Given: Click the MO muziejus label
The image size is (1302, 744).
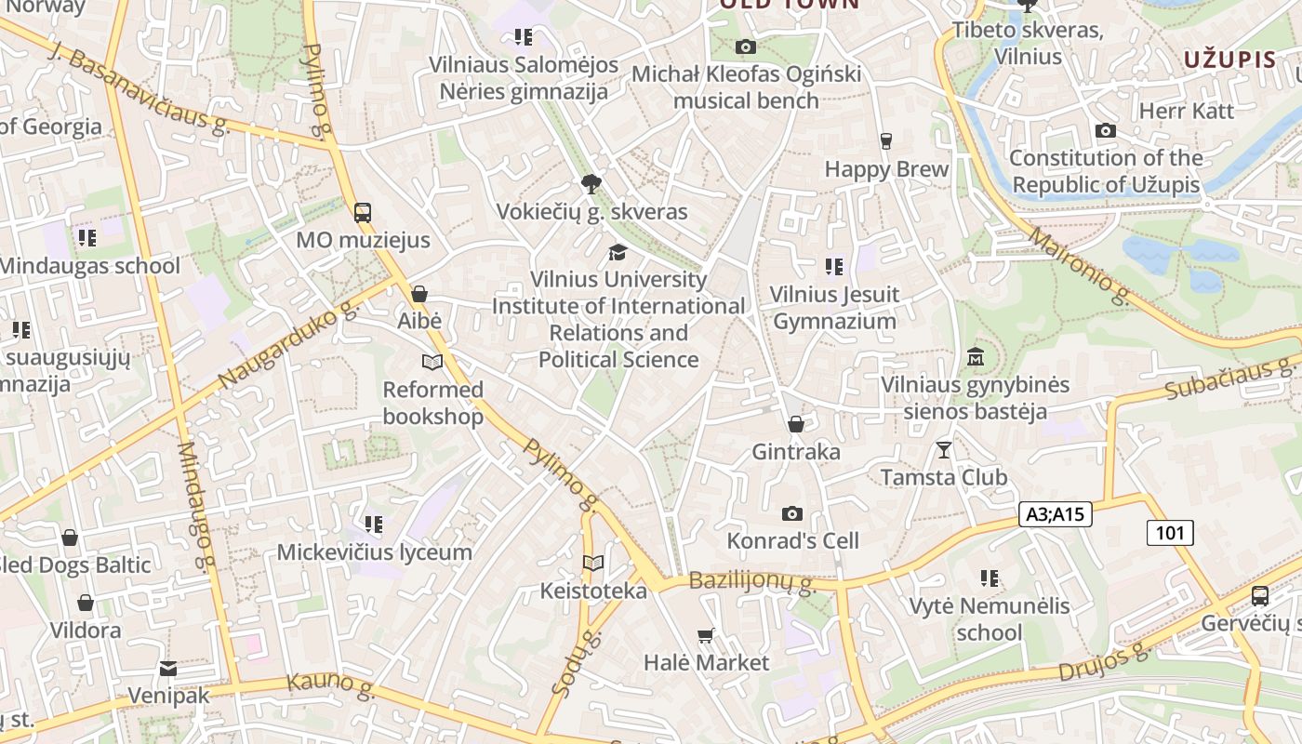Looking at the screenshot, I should click(363, 240).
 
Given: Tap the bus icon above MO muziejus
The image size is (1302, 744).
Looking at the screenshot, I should click(363, 212).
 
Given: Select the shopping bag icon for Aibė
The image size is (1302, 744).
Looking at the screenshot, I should click(419, 294).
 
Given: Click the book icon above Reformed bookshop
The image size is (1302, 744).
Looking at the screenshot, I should click(432, 362).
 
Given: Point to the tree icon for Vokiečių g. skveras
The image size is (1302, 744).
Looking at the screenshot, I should click(590, 183).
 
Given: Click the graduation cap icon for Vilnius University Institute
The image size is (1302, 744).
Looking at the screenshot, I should click(618, 252).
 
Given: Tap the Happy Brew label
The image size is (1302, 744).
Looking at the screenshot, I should click(886, 169).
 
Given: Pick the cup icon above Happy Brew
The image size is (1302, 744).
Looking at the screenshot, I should click(885, 141).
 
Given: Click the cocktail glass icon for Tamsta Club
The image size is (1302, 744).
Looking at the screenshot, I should click(944, 450).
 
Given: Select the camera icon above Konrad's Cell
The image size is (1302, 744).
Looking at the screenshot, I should click(792, 513).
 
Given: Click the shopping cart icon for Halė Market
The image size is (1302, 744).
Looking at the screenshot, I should click(706, 636).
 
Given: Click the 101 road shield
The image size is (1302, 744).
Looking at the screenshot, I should click(1170, 533).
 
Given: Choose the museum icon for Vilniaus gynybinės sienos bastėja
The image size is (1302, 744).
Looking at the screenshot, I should click(976, 357).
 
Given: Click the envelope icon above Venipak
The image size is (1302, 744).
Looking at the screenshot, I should click(167, 669).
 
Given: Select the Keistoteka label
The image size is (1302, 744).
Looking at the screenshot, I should click(593, 591).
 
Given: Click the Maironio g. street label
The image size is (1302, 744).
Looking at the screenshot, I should click(1079, 266).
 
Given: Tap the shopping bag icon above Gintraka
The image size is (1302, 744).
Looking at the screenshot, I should click(795, 425).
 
